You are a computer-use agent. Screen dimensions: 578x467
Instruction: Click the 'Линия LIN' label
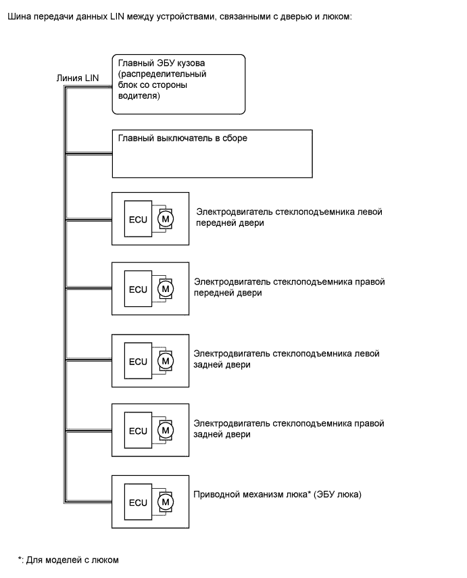(x=78, y=78)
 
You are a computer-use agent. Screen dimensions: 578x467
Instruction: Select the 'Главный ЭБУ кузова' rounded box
(x=178, y=84)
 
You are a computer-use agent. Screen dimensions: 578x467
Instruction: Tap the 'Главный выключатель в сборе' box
(x=212, y=154)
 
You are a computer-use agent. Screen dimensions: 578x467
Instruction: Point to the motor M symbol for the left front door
(x=165, y=218)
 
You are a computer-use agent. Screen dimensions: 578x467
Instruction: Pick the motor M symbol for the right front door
(x=165, y=289)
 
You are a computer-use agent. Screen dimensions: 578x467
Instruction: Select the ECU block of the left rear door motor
(x=138, y=360)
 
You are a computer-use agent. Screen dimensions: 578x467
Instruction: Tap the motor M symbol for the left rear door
(x=165, y=360)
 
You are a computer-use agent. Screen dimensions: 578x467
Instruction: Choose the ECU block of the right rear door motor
(x=138, y=431)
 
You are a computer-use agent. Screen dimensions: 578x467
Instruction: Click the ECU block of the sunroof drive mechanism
(x=138, y=502)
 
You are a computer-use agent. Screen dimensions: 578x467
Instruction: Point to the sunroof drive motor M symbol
(x=165, y=502)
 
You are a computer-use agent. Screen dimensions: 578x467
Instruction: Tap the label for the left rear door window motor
(x=287, y=359)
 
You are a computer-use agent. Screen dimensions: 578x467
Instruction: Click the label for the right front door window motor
(x=289, y=287)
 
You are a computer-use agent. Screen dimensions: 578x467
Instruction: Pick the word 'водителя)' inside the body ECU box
(x=137, y=97)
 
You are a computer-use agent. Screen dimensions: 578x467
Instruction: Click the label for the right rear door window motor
(x=289, y=429)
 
